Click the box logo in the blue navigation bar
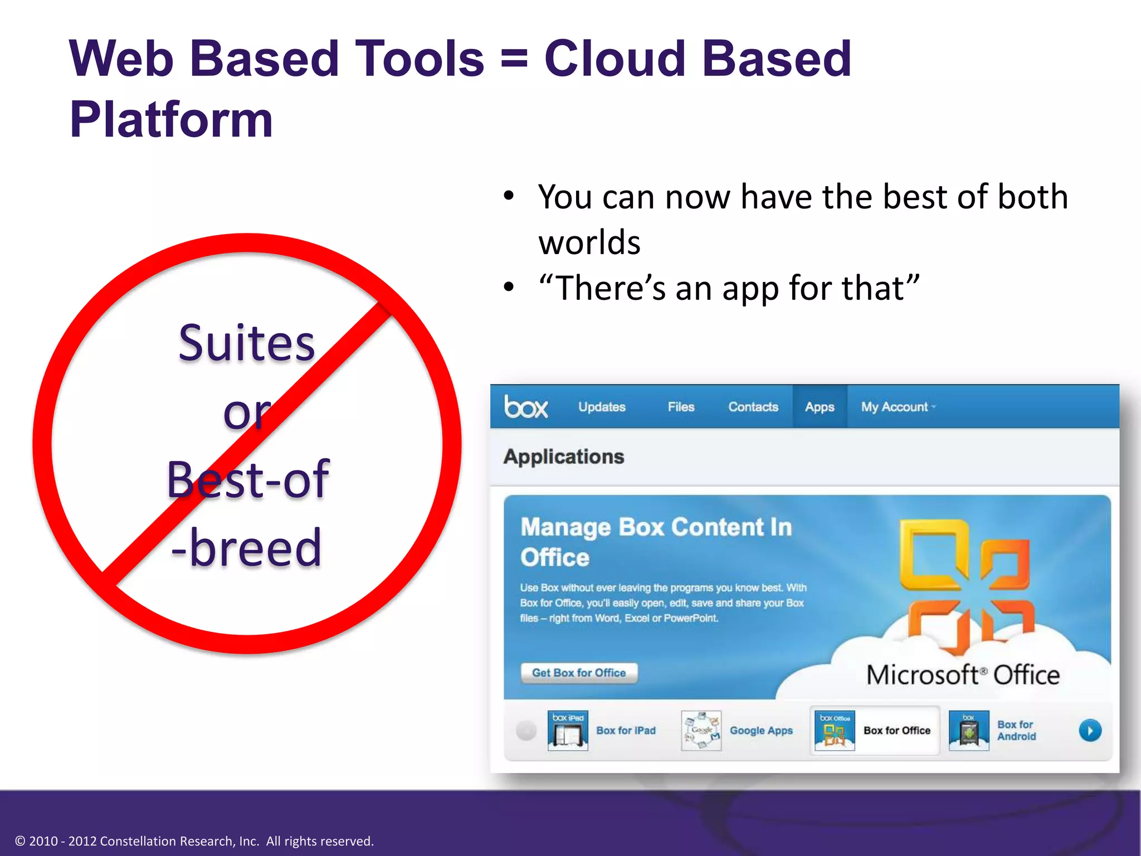(x=526, y=407)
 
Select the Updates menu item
(x=602, y=407)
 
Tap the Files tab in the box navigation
(x=681, y=407)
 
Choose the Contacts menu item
(x=753, y=407)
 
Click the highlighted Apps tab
(x=820, y=407)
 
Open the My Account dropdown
(x=897, y=407)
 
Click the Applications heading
(x=564, y=456)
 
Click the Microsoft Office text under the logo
(x=963, y=675)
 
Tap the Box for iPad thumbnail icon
(x=568, y=731)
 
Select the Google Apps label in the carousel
(x=761, y=731)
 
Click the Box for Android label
(x=1016, y=731)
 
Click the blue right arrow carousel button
(x=1090, y=731)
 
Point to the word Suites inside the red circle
(x=247, y=343)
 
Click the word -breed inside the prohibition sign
(x=247, y=548)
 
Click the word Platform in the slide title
(x=171, y=119)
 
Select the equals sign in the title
(x=514, y=58)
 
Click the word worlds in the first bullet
(x=589, y=242)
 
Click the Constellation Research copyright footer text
(x=194, y=841)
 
